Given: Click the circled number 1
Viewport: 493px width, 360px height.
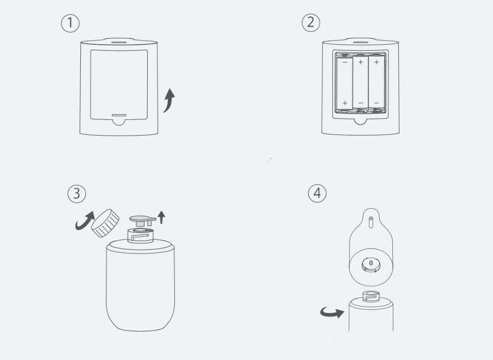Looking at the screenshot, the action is click(71, 23).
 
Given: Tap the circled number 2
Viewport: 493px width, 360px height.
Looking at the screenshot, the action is click(311, 23).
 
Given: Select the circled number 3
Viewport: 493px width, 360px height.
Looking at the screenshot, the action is click(77, 193).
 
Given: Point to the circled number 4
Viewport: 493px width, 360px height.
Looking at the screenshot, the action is click(317, 193).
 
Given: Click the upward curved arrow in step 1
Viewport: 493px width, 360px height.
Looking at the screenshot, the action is click(169, 100).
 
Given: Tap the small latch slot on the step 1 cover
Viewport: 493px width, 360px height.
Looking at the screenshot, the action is click(119, 114).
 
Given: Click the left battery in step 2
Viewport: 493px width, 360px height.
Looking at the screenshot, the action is click(345, 82).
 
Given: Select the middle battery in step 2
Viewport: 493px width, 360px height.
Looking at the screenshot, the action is click(360, 82).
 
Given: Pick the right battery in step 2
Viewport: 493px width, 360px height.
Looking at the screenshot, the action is click(376, 82).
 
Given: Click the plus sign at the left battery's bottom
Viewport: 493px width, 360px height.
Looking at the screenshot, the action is click(345, 103).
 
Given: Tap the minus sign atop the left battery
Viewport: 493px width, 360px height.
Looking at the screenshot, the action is click(345, 62).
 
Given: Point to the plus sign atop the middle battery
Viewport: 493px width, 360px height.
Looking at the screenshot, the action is click(360, 62).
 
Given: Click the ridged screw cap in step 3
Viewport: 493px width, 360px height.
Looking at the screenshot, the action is click(106, 223).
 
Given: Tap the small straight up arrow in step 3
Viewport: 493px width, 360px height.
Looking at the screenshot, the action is click(162, 217).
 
